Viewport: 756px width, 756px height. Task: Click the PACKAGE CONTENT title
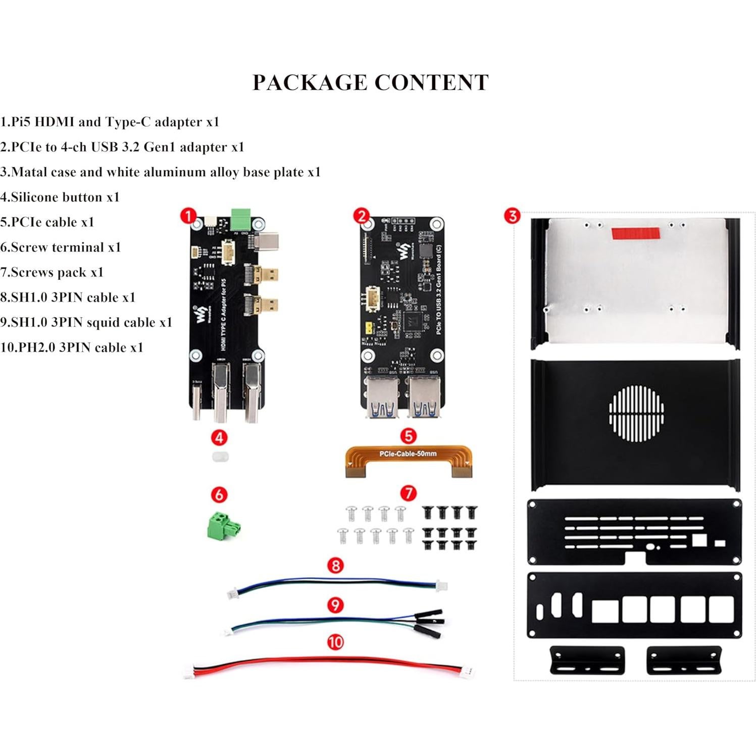coord(370,83)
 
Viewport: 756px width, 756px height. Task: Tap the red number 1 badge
coord(188,216)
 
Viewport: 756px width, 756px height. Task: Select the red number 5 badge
coord(408,436)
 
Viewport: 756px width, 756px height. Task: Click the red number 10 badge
coord(335,642)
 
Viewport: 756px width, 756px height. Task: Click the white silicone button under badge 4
coord(220,457)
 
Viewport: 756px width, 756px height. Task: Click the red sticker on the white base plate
coord(635,233)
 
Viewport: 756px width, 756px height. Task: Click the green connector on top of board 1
coord(241,219)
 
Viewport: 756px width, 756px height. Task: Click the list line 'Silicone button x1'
coord(60,197)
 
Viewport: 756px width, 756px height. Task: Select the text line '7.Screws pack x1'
coord(52,272)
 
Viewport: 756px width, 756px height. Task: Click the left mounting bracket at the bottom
coord(587,660)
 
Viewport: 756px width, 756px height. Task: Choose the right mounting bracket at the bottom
coord(684,660)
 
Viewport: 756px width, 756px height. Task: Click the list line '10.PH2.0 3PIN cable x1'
coord(72,347)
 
